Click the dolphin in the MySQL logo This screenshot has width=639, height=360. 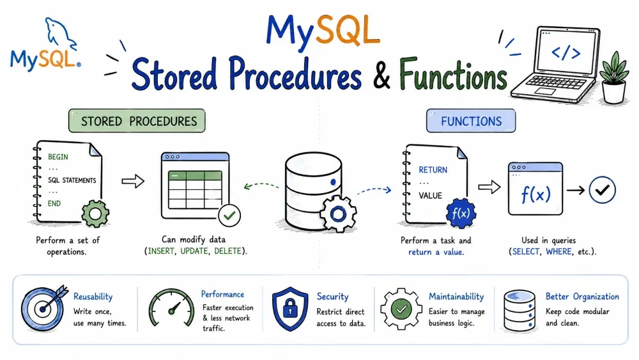[x=60, y=34]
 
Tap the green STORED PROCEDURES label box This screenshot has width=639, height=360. [x=137, y=121]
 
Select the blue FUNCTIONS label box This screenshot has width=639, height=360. [x=471, y=121]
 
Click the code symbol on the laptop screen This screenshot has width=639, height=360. [x=566, y=53]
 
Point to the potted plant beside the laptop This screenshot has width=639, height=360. [x=613, y=78]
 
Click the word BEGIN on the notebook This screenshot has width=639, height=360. [x=58, y=157]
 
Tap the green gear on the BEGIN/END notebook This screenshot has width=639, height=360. [x=95, y=213]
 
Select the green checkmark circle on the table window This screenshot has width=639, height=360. [x=229, y=215]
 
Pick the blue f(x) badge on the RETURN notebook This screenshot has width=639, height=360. [x=461, y=213]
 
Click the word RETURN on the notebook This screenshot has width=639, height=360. [x=433, y=170]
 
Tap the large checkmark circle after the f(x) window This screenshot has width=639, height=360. [x=603, y=190]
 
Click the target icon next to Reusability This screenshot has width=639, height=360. [x=43, y=308]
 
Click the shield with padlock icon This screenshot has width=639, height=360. [x=290, y=309]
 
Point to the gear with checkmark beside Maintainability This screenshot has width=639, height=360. [x=401, y=309]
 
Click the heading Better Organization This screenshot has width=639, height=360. [x=582, y=297]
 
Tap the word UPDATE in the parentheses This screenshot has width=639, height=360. [x=194, y=251]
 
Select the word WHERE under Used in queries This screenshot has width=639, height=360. [x=558, y=251]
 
